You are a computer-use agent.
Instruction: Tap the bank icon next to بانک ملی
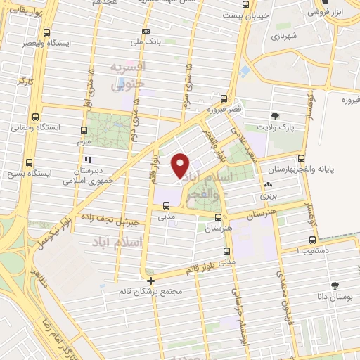[x=146, y=31]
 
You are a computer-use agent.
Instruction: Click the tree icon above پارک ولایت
[x=274, y=115]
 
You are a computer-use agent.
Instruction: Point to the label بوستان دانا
[x=335, y=298]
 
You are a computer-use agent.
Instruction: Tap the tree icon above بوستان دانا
[x=335, y=286]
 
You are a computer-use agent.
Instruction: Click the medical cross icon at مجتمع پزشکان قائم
[x=150, y=281]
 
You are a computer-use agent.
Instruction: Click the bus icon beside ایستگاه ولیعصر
[x=46, y=32]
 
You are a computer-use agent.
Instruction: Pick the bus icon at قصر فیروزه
[x=224, y=99]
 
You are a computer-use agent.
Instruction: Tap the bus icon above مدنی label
[x=166, y=206]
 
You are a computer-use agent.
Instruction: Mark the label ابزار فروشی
[x=330, y=12]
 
